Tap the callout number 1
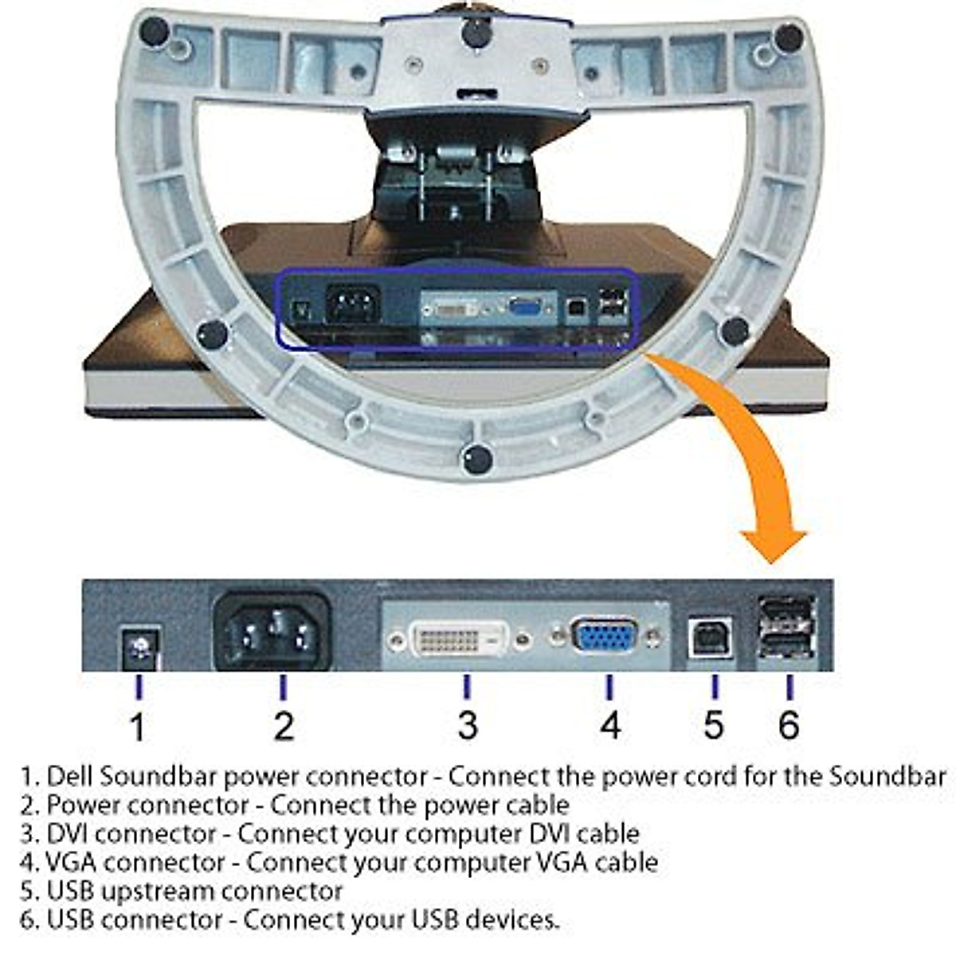coord(138,727)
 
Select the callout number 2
coord(284,726)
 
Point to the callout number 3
coord(468,725)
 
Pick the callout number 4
coord(609,725)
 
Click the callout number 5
coord(714,725)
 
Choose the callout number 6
coord(789,725)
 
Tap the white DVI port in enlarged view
coord(459,639)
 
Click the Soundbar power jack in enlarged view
coord(141,648)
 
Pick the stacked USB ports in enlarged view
coord(786,629)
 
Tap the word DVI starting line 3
coord(67,834)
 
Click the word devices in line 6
coord(511,920)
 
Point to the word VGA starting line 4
coord(68,863)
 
